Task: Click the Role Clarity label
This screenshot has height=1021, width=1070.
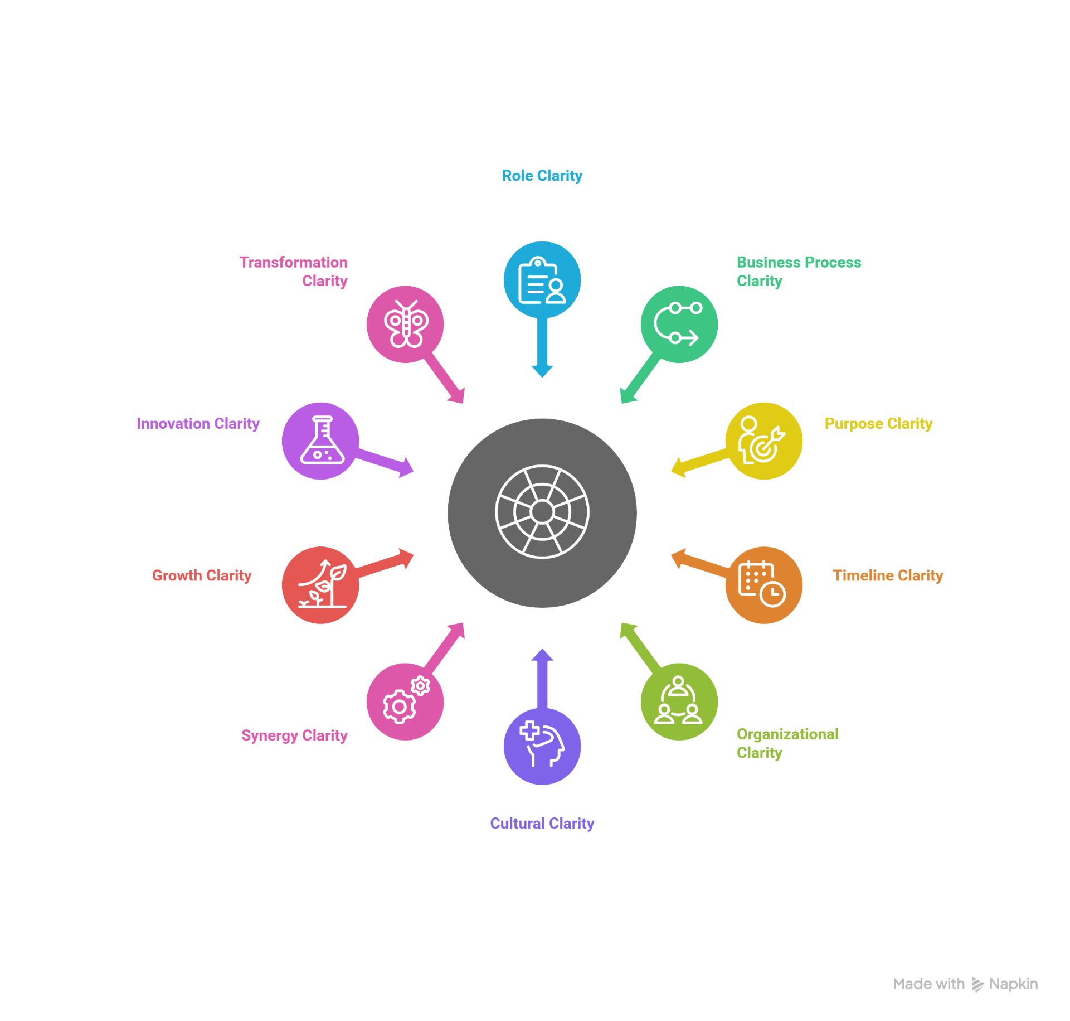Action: pos(542,176)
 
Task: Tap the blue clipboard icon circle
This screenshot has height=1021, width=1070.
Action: pos(542,280)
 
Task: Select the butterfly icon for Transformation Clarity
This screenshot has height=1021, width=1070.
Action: pos(405,324)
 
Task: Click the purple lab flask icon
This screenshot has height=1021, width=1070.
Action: pos(321,441)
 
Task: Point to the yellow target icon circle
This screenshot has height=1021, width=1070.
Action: pos(763,441)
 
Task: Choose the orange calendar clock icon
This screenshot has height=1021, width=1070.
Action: pos(763,584)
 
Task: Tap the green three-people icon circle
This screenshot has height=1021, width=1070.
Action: pos(679,701)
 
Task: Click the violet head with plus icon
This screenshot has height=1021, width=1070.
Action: pos(542,746)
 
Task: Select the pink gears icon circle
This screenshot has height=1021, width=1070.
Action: pos(405,701)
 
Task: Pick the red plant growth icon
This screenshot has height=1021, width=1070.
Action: pos(321,584)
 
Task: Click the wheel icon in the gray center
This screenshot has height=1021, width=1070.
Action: pos(542,512)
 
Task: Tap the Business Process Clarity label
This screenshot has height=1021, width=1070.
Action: pos(798,272)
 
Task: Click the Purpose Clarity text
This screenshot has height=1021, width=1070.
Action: pos(878,424)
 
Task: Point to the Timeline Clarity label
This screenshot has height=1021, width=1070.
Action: pos(887,575)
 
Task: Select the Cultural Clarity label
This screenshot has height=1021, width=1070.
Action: pos(542,824)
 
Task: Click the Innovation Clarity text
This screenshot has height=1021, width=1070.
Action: pos(198,424)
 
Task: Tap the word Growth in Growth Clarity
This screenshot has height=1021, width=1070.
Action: pos(177,575)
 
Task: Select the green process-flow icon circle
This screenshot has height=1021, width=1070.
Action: pos(679,324)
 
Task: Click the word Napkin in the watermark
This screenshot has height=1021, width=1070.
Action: pos(1013,984)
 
